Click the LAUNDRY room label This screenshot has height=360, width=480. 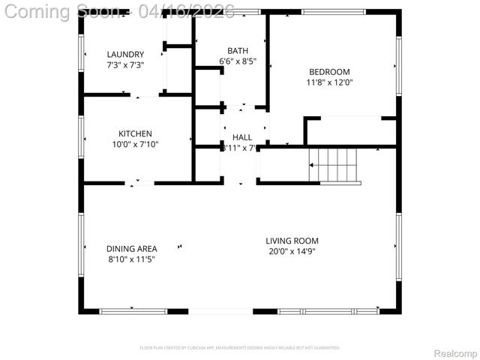[125, 54]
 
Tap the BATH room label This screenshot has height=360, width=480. [238, 50]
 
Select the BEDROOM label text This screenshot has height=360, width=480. [329, 72]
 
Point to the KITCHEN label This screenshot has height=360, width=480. [135, 133]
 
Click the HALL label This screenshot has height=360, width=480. [242, 137]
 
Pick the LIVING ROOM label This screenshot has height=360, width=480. [290, 241]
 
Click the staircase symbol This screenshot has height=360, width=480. [335, 165]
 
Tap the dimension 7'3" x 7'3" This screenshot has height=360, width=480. [125, 65]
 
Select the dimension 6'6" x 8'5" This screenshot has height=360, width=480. [238, 61]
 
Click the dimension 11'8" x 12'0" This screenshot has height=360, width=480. [329, 83]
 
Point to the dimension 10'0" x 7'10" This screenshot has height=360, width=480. [135, 145]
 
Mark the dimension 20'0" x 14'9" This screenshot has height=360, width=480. [290, 252]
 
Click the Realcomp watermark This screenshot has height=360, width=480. [455, 352]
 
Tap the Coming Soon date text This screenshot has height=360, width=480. [120, 11]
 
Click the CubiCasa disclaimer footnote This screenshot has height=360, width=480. [240, 348]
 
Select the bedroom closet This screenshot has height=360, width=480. [351, 130]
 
